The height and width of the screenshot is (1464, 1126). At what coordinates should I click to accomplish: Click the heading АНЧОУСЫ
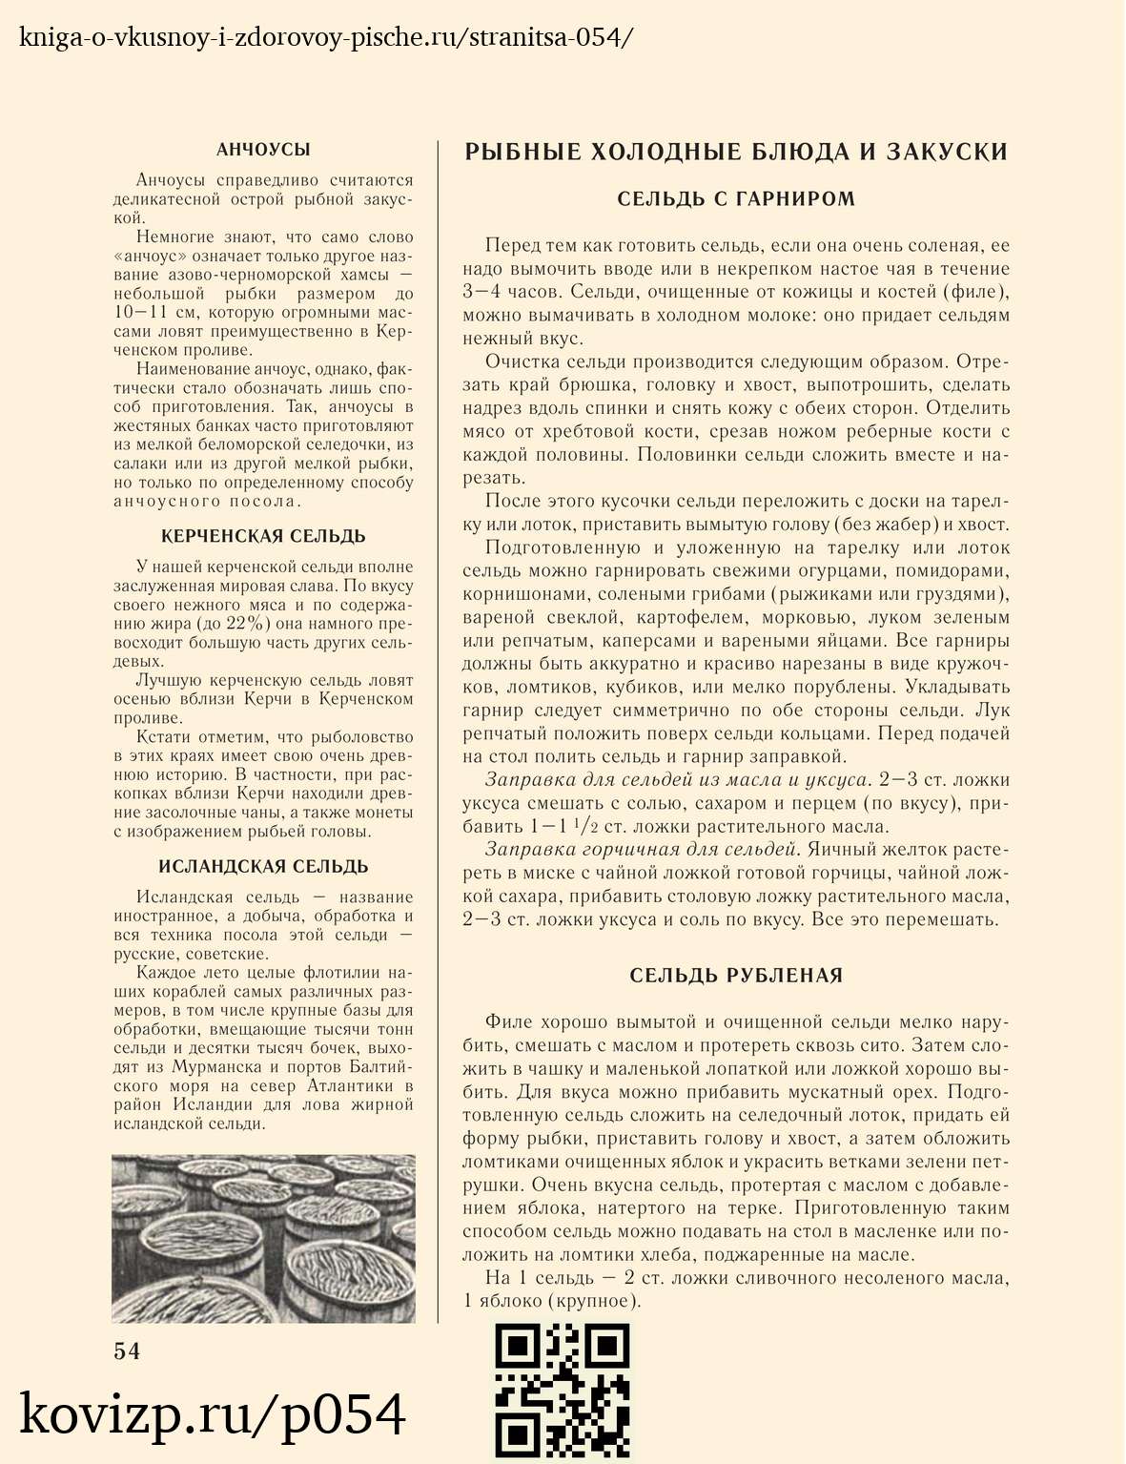pyautogui.click(x=263, y=150)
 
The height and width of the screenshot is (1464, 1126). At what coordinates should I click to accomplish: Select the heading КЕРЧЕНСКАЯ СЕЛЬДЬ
pyautogui.click(x=263, y=536)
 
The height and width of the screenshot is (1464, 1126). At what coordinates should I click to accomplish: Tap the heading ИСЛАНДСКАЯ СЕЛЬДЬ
pyautogui.click(x=263, y=866)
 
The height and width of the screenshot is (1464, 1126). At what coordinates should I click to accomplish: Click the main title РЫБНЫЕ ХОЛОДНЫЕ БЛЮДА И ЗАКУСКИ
pyautogui.click(x=736, y=153)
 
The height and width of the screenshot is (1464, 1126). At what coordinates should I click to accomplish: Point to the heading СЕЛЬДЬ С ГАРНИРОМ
pyautogui.click(x=736, y=198)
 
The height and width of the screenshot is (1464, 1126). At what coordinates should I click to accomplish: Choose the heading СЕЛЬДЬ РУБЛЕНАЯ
pyautogui.click(x=736, y=975)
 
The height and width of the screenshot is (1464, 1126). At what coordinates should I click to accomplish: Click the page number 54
pyautogui.click(x=127, y=1351)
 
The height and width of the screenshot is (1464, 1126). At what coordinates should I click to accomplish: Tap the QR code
pyautogui.click(x=563, y=1390)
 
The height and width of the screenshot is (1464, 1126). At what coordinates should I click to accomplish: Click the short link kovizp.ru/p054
pyautogui.click(x=213, y=1414)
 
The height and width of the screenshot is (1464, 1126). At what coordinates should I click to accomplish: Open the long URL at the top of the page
pyautogui.click(x=325, y=38)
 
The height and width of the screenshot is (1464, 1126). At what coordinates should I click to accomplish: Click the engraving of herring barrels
pyautogui.click(x=263, y=1238)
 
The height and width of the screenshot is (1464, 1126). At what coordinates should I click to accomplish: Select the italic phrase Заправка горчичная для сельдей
pyautogui.click(x=640, y=850)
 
